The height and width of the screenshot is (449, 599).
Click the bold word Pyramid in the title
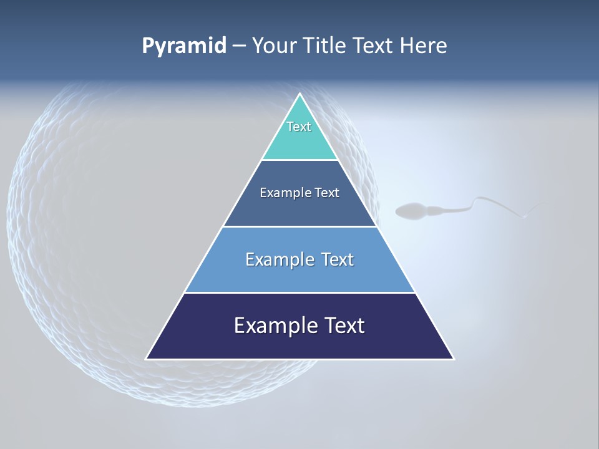pyautogui.click(x=184, y=46)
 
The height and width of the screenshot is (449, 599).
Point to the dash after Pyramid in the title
pyautogui.click(x=239, y=46)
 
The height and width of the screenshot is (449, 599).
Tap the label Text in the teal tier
pyautogui.click(x=299, y=127)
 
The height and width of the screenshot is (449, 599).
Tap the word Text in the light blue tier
pyautogui.click(x=338, y=259)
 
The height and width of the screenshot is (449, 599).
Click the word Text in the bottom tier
pyautogui.click(x=344, y=326)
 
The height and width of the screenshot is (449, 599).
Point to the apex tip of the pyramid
pyautogui.click(x=299, y=95)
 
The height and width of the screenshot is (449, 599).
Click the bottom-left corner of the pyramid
pyautogui.click(x=147, y=359)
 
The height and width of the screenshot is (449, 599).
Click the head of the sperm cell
pyautogui.click(x=412, y=211)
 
